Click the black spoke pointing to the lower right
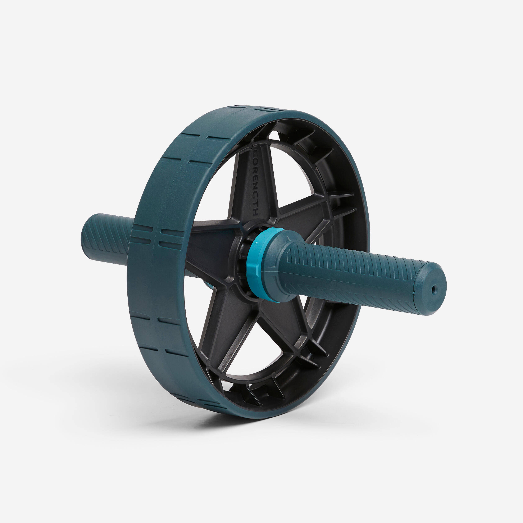284,325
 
